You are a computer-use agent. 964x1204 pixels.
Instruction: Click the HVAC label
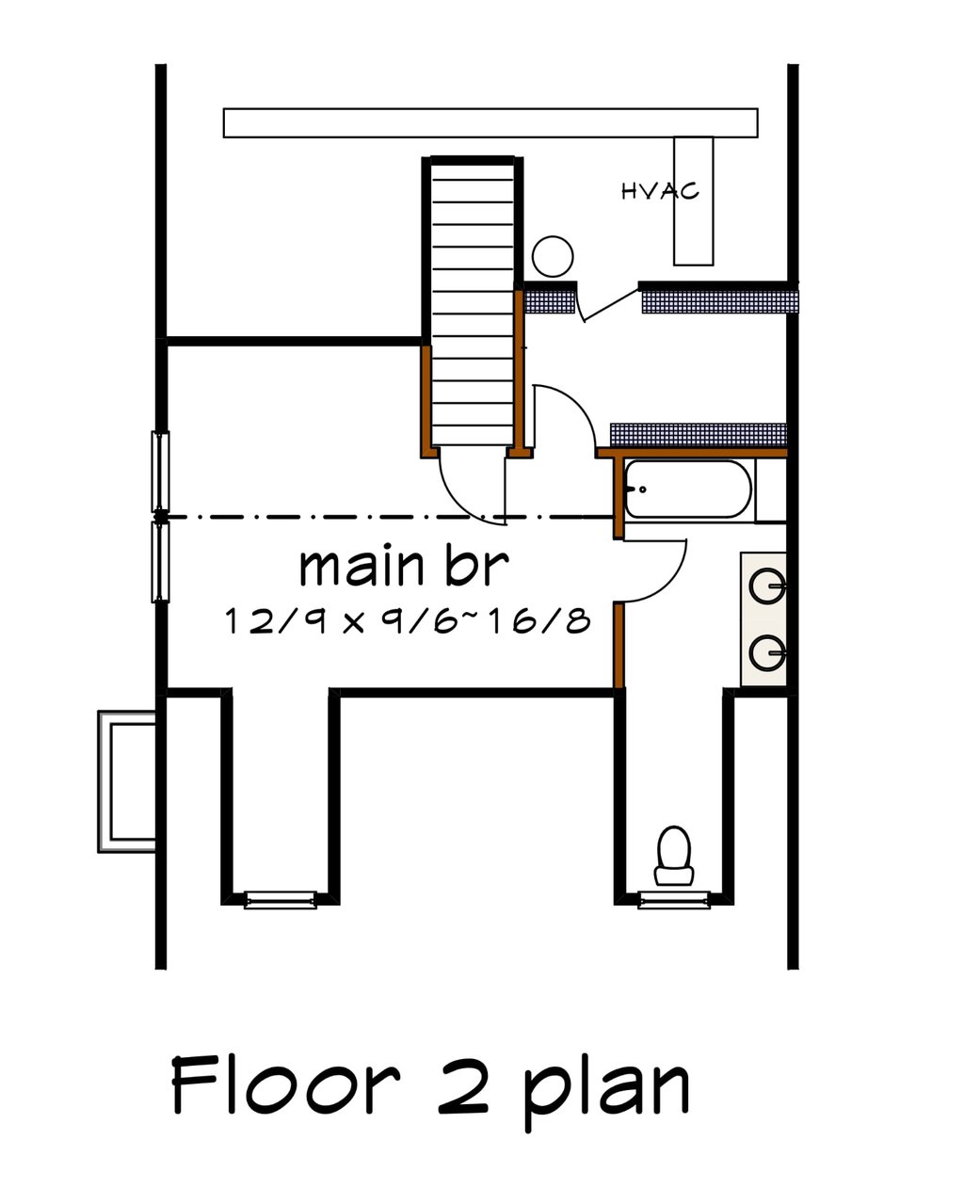click(x=660, y=191)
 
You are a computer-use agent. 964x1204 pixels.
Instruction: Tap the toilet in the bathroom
click(x=674, y=856)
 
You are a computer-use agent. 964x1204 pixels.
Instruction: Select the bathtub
click(x=688, y=490)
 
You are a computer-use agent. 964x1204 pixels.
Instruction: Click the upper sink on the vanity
click(x=767, y=586)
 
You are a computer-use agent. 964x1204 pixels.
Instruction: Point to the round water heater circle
click(x=553, y=256)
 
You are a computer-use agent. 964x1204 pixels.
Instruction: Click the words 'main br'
click(x=405, y=567)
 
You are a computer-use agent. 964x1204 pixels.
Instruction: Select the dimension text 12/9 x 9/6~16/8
click(x=408, y=621)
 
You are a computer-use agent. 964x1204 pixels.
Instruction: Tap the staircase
click(x=473, y=301)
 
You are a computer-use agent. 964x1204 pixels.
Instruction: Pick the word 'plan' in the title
click(x=606, y=1092)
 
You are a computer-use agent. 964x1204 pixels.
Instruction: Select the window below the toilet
click(x=674, y=900)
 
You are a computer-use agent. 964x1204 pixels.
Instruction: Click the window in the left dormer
click(x=281, y=900)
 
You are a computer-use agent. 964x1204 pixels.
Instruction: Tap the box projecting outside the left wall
click(x=127, y=781)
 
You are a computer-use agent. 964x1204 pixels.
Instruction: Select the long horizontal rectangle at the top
click(x=490, y=122)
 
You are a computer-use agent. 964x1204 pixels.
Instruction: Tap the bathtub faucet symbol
click(x=636, y=490)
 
